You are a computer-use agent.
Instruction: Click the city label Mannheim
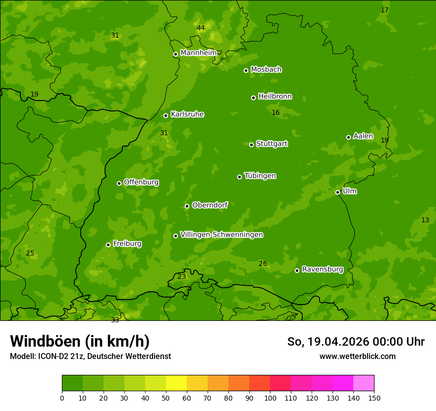click(x=199, y=53)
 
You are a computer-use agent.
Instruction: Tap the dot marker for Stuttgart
click(x=251, y=145)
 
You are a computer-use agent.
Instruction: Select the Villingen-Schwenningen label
click(x=221, y=235)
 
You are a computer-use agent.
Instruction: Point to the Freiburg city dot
click(x=108, y=245)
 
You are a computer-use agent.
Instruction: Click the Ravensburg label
click(x=323, y=269)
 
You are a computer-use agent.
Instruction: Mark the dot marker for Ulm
click(x=337, y=192)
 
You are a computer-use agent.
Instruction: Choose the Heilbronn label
click(x=275, y=97)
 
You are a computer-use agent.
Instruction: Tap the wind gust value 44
click(x=201, y=28)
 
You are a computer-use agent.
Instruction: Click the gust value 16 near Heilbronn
click(x=275, y=113)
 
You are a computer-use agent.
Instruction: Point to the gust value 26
click(x=263, y=264)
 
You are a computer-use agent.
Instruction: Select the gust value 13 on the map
click(x=425, y=220)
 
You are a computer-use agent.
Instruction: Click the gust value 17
click(x=384, y=10)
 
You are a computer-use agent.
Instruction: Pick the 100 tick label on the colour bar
click(x=270, y=398)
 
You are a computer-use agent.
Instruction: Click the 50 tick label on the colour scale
click(x=166, y=398)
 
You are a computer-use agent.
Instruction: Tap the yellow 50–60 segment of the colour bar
click(x=176, y=383)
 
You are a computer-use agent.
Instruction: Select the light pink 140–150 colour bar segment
click(x=364, y=383)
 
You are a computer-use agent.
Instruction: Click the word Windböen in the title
click(x=45, y=341)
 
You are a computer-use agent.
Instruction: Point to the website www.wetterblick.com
click(x=357, y=356)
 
